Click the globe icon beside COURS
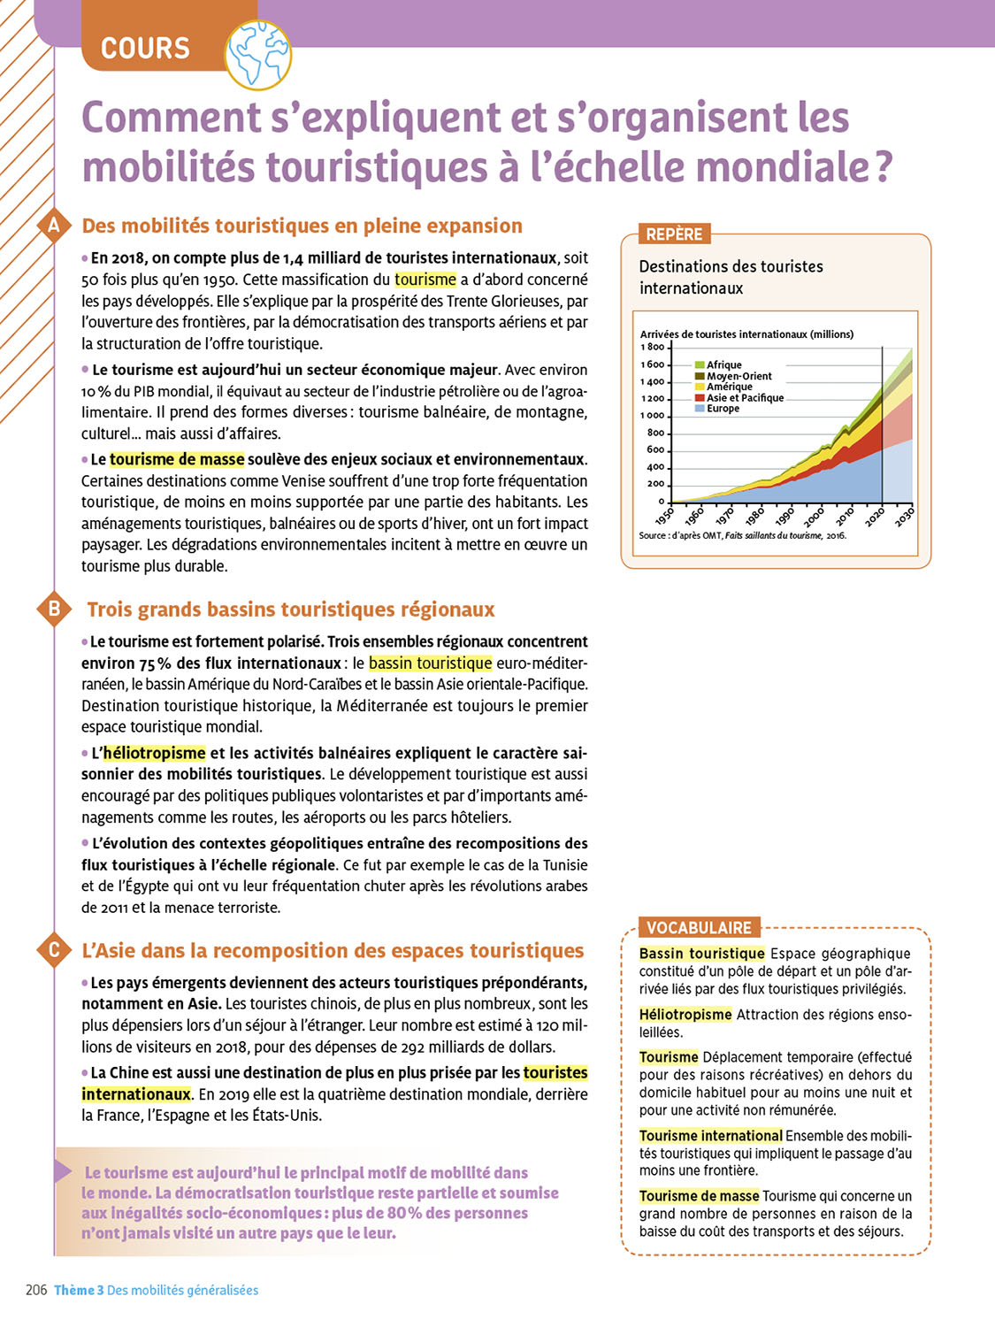click(258, 54)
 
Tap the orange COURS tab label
click(146, 48)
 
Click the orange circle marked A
click(54, 226)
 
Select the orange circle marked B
click(54, 609)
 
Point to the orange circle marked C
click(54, 950)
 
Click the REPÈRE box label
click(674, 234)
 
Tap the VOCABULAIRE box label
click(699, 928)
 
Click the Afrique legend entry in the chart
click(723, 364)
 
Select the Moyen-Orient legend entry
click(739, 376)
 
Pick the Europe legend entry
click(723, 409)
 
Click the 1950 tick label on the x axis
click(665, 515)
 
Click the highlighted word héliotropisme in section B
click(154, 753)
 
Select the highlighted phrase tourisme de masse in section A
click(177, 459)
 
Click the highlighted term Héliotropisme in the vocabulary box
click(685, 1014)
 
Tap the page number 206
click(36, 1290)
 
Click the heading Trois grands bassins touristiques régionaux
click(291, 610)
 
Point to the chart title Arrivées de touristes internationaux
click(746, 334)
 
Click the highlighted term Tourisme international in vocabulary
click(711, 1136)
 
